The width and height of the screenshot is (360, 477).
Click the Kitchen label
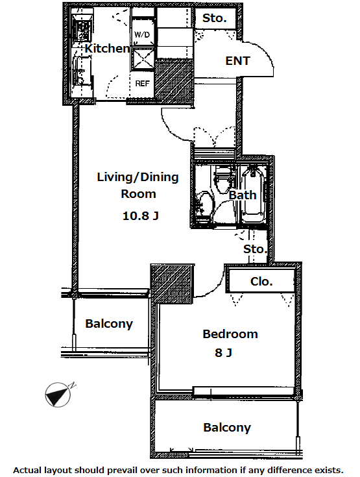107,49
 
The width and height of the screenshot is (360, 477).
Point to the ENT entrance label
237,61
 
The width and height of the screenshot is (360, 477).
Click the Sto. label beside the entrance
215,18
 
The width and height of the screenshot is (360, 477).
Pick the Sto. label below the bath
255,249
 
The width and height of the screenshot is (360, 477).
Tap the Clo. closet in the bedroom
261,281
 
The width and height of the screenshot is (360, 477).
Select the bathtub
253,194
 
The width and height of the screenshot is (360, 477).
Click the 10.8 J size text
141,216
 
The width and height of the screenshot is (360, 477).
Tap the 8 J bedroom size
223,352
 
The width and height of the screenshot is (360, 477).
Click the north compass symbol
58,395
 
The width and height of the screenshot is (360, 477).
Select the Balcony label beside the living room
109,324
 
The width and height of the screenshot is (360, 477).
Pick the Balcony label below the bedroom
227,428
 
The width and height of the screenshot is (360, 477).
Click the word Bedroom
230,334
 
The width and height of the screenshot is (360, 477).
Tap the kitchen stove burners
82,31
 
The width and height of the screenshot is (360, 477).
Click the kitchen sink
80,72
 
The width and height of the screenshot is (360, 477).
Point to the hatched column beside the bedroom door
172,284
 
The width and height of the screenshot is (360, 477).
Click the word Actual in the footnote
27,471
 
